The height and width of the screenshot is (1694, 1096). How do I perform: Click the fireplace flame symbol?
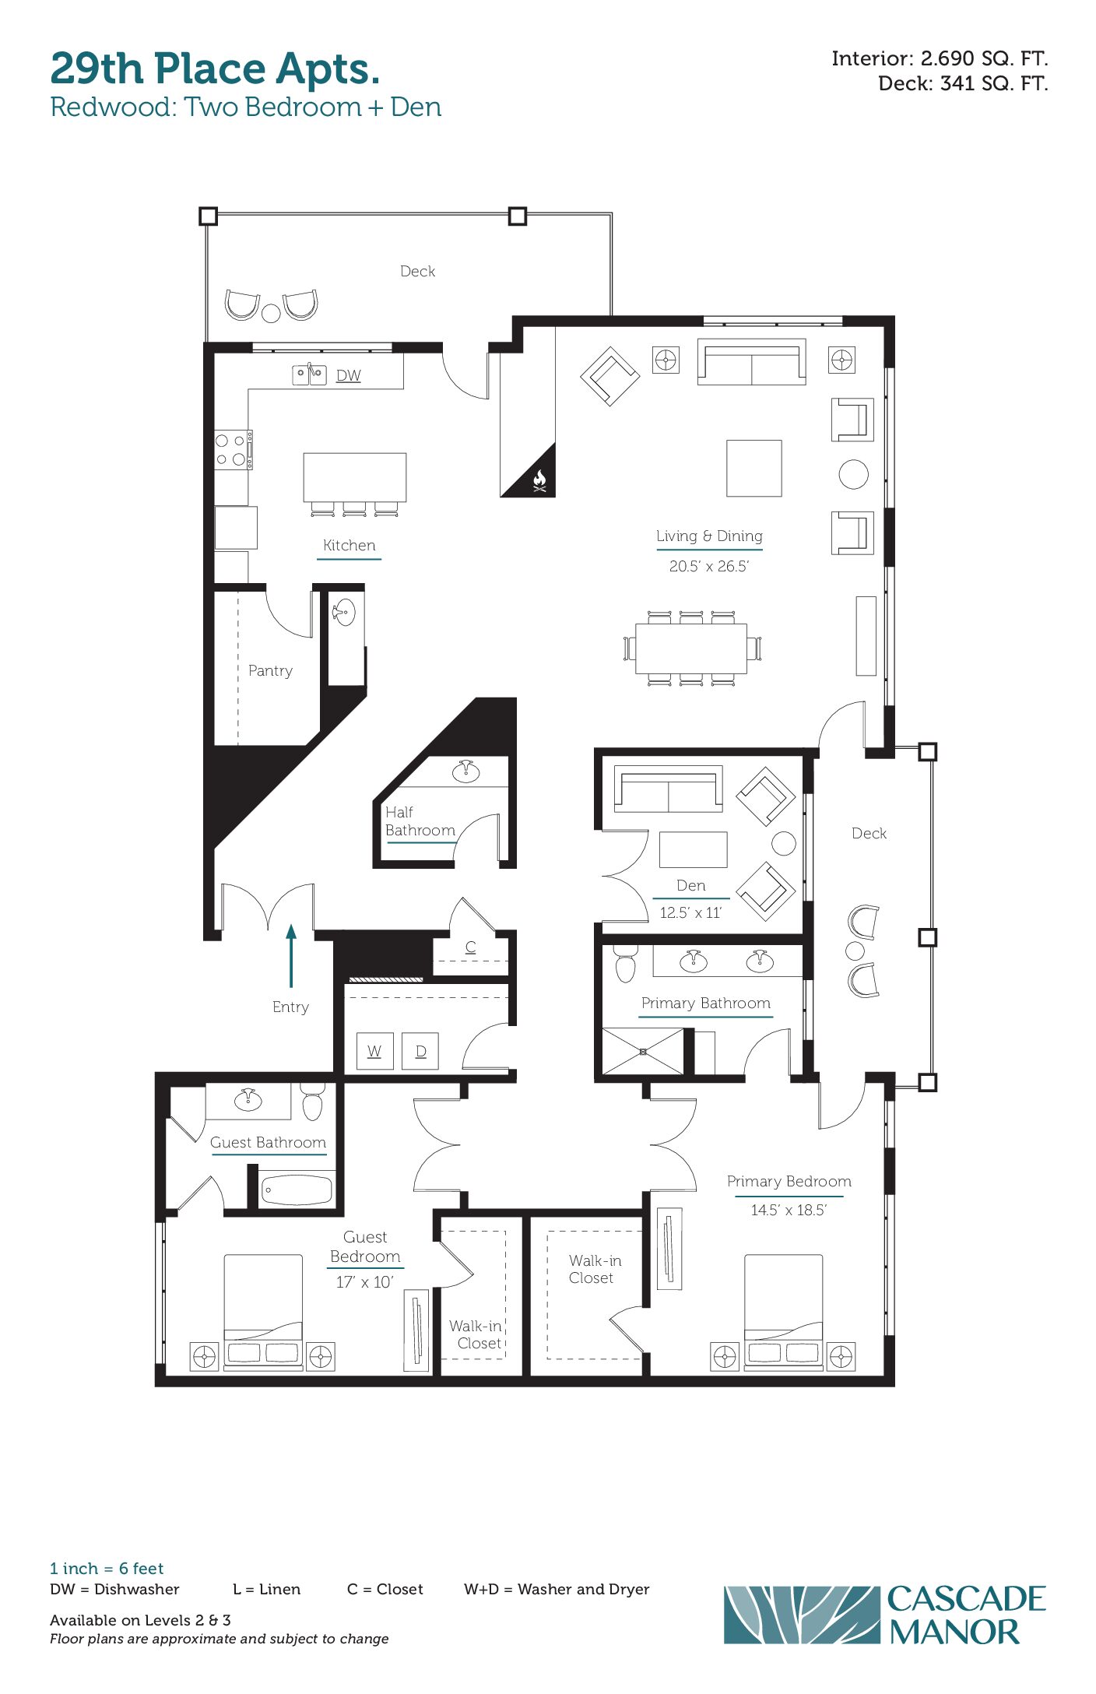(539, 481)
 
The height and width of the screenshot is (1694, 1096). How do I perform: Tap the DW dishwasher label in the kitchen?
(349, 375)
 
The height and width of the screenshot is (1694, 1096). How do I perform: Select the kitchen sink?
(309, 374)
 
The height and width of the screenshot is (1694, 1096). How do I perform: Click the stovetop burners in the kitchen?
(233, 450)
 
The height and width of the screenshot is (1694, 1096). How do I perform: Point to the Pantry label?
(270, 670)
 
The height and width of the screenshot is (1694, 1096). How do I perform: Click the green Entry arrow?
(291, 956)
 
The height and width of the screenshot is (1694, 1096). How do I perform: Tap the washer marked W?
(374, 1051)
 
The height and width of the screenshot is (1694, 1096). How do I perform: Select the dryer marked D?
(420, 1051)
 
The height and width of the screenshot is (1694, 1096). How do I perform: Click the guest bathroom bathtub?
(297, 1190)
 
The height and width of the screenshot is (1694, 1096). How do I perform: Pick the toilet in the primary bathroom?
(625, 964)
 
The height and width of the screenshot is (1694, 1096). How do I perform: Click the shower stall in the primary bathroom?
(643, 1052)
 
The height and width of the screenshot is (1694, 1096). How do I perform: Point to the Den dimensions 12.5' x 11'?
(691, 912)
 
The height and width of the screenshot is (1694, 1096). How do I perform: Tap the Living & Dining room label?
(709, 536)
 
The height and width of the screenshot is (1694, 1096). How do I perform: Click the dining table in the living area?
(691, 648)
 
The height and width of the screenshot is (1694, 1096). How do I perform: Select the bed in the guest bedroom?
(263, 1311)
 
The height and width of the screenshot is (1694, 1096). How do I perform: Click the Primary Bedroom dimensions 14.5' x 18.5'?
(789, 1210)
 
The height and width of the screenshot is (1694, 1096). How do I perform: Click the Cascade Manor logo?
(885, 1615)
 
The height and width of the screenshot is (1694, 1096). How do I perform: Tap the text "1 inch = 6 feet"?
(107, 1568)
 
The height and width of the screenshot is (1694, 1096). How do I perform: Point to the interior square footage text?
(940, 58)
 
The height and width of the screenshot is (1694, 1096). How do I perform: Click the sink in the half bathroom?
(465, 771)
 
